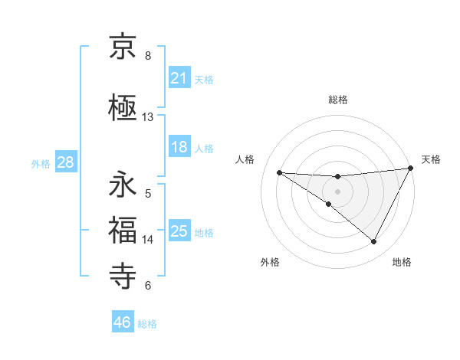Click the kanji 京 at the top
pyautogui.click(x=123, y=48)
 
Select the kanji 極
pyautogui.click(x=123, y=106)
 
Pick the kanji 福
pyautogui.click(x=123, y=230)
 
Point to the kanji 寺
pyautogui.click(x=123, y=275)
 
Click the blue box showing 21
pyautogui.click(x=179, y=78)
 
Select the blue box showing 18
pyautogui.click(x=179, y=147)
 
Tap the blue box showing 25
pyautogui.click(x=179, y=231)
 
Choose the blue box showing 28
pyautogui.click(x=65, y=162)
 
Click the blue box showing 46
pyautogui.click(x=123, y=322)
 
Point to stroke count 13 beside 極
pyautogui.click(x=148, y=117)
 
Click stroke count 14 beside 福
pyautogui.click(x=148, y=239)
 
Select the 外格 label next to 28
pyautogui.click(x=41, y=163)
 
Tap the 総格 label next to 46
pyautogui.click(x=147, y=323)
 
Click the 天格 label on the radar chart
pyautogui.click(x=431, y=159)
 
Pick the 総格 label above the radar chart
pyautogui.click(x=338, y=100)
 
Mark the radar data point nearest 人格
pyautogui.click(x=279, y=172)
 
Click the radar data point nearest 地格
pyautogui.click(x=374, y=242)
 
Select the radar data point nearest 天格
pyautogui.click(x=411, y=168)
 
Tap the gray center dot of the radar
pyautogui.click(x=338, y=191)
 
